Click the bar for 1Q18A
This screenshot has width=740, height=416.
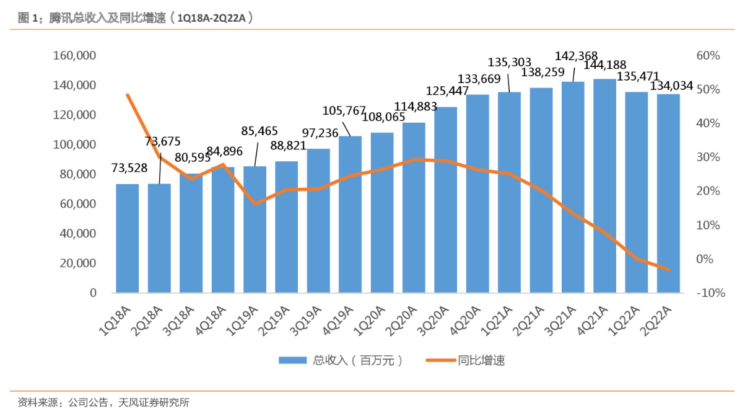coord(128,238)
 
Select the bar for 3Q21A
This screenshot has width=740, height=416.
coord(573,187)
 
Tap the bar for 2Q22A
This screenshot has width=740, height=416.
coord(668,193)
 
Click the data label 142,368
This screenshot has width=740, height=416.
coord(573,56)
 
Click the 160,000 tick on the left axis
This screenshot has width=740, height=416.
coord(74,56)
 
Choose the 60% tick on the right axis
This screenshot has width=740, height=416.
coord(708,56)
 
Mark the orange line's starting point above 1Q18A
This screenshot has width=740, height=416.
coord(128,95)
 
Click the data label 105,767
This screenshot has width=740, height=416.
coord(347,111)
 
